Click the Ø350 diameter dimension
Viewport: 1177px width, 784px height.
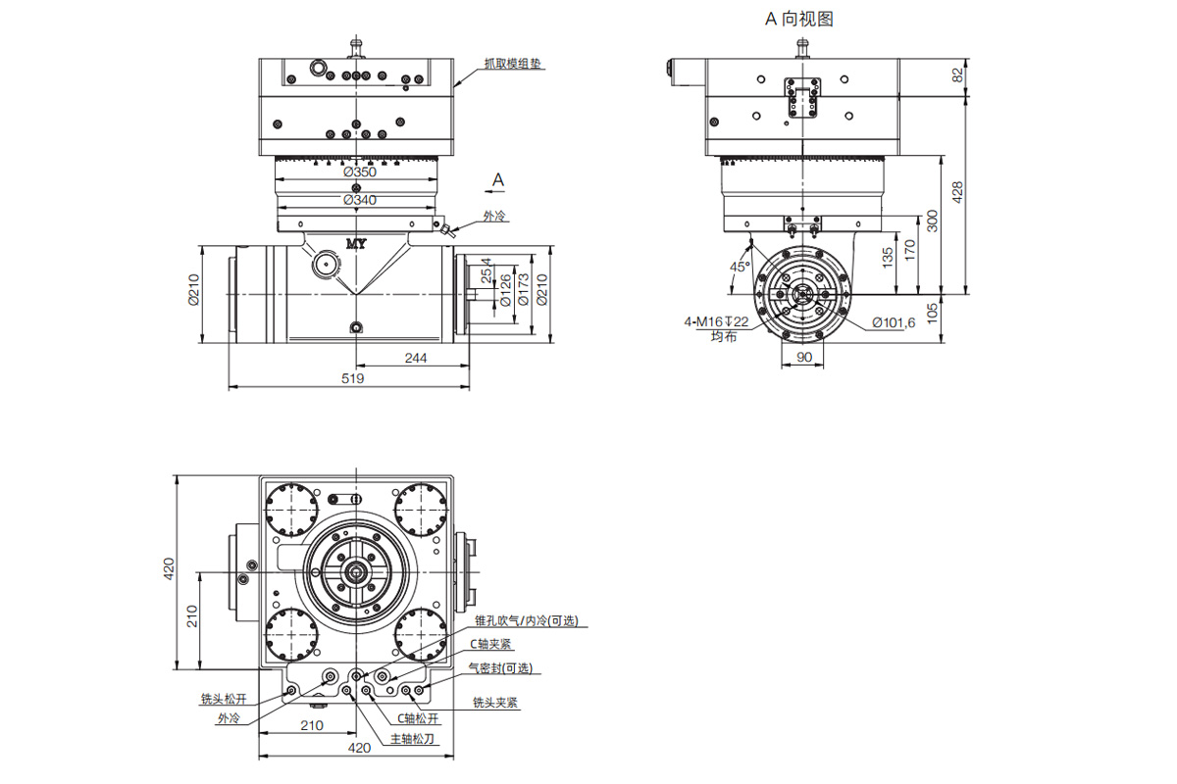[x=360, y=171]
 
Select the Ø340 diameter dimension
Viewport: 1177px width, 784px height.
[x=360, y=200]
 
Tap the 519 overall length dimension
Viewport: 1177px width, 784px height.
[x=352, y=378]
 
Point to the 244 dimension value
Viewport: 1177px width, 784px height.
[x=416, y=358]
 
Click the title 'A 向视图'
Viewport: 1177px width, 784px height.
[x=799, y=19]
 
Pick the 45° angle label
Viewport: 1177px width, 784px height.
[x=740, y=267]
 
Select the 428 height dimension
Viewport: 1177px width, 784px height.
[x=957, y=192]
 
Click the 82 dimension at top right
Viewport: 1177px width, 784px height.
[x=957, y=75]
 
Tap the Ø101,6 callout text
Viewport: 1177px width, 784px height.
[x=894, y=322]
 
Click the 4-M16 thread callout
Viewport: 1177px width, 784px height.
[x=716, y=321]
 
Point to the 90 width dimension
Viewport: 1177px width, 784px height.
[x=804, y=357]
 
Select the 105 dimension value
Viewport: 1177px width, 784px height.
[x=932, y=314]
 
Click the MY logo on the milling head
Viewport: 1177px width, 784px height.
[x=356, y=244]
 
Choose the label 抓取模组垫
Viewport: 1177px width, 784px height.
[x=512, y=64]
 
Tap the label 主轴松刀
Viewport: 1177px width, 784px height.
[x=413, y=738]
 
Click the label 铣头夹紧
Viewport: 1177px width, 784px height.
[x=495, y=702]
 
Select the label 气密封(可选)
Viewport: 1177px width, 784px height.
[x=500, y=668]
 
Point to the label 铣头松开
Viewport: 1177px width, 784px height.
[x=224, y=699]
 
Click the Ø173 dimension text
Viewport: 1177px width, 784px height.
[x=523, y=289]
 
